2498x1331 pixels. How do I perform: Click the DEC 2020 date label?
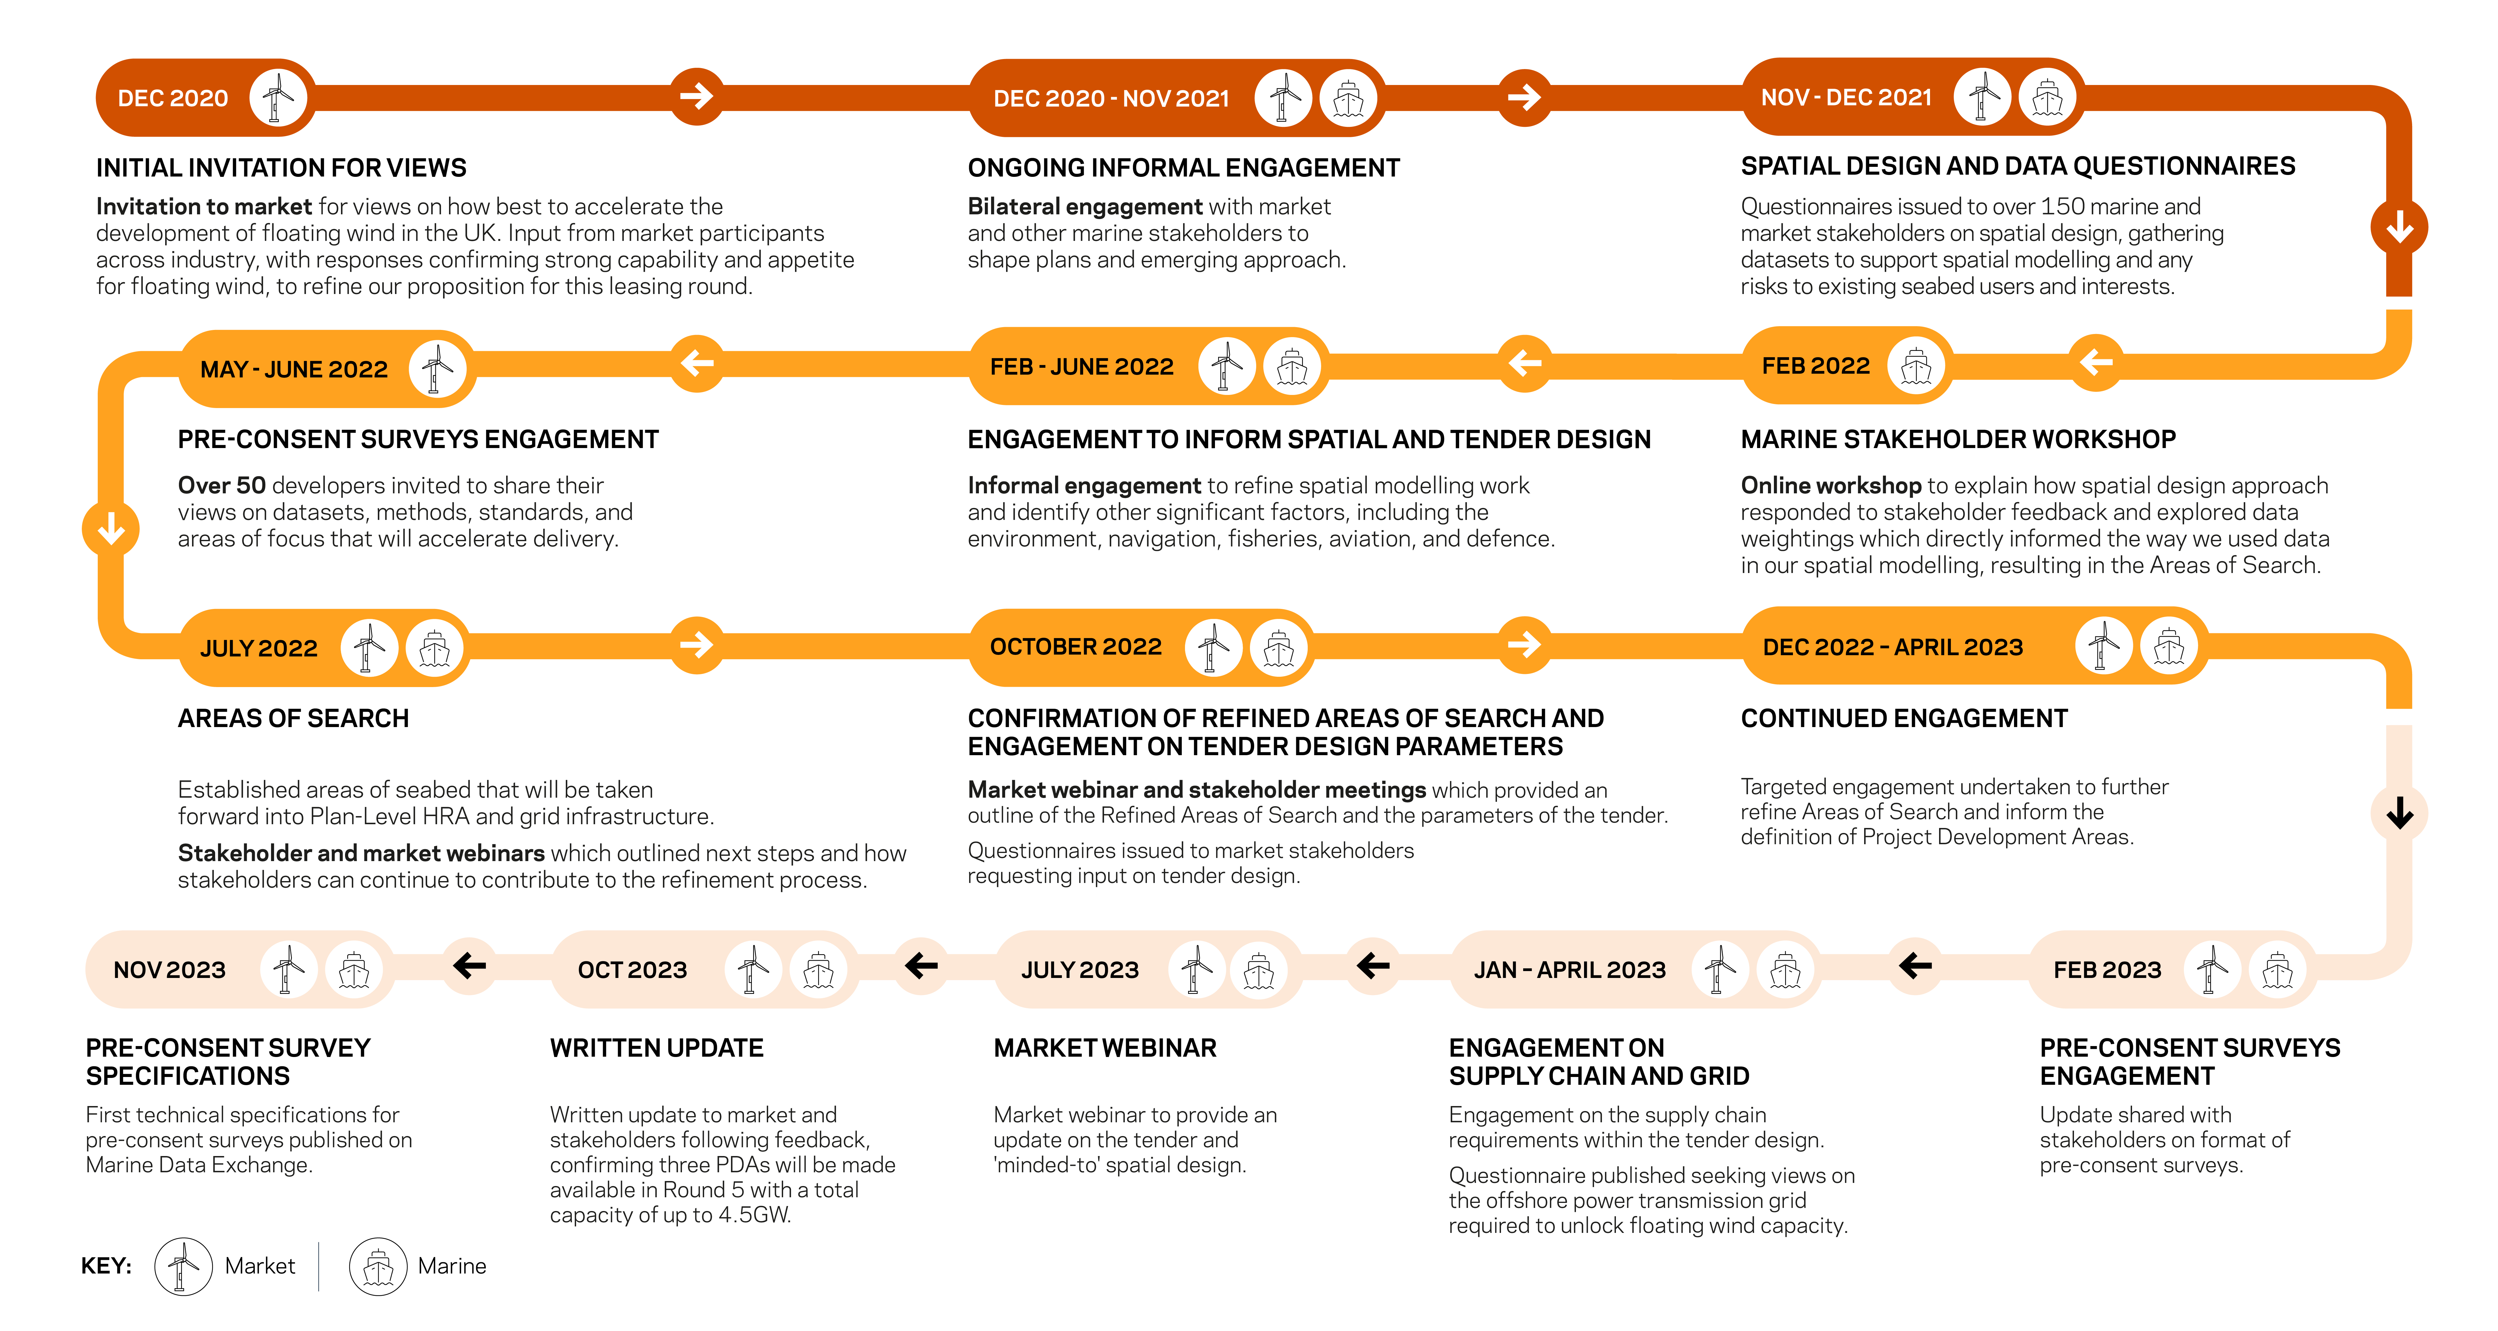point(173,98)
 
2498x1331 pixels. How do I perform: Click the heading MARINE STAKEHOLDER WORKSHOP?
point(1958,440)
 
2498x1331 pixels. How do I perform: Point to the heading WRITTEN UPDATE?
point(656,1048)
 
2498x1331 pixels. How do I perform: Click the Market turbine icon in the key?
point(183,1266)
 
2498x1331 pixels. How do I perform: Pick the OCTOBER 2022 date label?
point(1075,647)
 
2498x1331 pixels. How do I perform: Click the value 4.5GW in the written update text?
point(753,1214)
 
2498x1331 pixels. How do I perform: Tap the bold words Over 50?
point(221,485)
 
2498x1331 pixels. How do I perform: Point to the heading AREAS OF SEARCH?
point(293,719)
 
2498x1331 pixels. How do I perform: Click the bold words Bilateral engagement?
point(1084,207)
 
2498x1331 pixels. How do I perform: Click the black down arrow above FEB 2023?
point(2399,813)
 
